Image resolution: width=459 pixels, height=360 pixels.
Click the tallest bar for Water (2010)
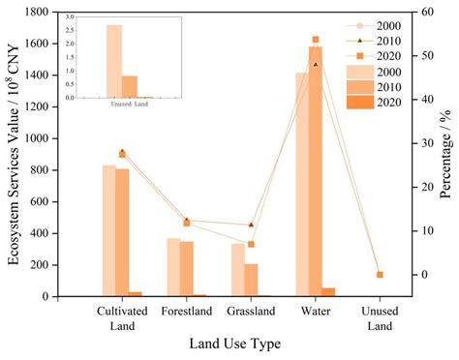point(315,174)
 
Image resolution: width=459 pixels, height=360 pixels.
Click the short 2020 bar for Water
point(328,291)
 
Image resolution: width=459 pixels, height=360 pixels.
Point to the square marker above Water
point(316,40)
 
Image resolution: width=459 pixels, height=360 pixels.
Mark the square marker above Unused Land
point(380,275)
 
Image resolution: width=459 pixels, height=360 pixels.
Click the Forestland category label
point(187,312)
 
